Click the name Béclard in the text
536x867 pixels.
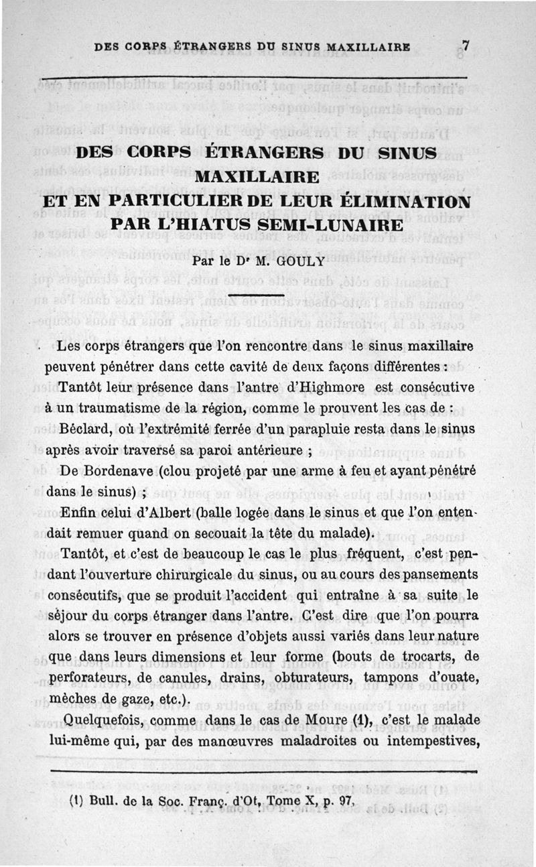(86, 429)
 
